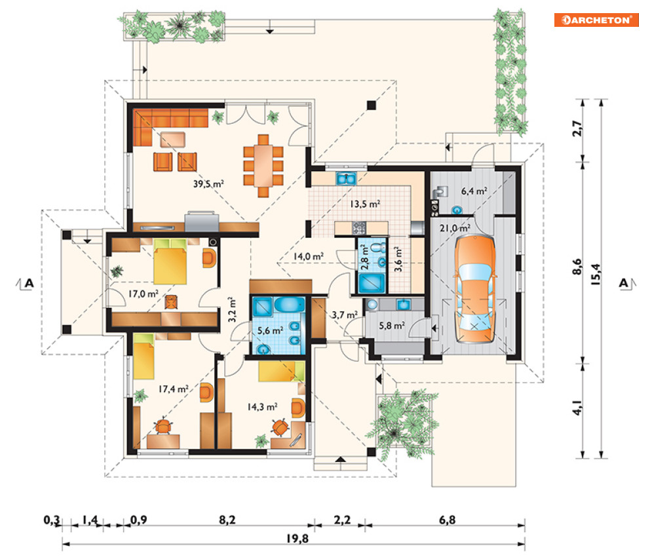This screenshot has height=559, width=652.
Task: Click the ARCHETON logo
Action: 596,20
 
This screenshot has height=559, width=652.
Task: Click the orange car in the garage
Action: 474,289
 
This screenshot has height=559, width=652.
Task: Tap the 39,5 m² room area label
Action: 208,183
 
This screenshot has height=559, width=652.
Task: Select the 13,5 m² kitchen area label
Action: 365,204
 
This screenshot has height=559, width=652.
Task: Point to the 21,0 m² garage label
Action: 455,228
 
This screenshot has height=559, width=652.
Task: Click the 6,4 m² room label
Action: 474,191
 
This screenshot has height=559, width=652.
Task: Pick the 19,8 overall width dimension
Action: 297,539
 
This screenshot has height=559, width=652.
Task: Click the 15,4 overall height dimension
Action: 595,274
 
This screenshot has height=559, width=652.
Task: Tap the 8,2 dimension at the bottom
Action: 227,520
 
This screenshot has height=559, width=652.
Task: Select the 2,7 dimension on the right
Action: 577,128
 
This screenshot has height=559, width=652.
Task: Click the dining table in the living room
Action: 263,166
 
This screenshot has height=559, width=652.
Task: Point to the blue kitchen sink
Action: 346,178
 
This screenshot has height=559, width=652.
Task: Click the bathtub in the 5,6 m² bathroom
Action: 290,305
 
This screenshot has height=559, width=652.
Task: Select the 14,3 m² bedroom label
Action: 262,407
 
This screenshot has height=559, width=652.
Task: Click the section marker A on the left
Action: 29,283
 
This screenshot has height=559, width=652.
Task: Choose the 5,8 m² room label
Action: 392,326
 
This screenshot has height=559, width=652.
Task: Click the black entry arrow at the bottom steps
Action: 341,459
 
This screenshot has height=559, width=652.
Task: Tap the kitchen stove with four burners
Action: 359,227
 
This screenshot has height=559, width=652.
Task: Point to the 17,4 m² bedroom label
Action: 174,389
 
